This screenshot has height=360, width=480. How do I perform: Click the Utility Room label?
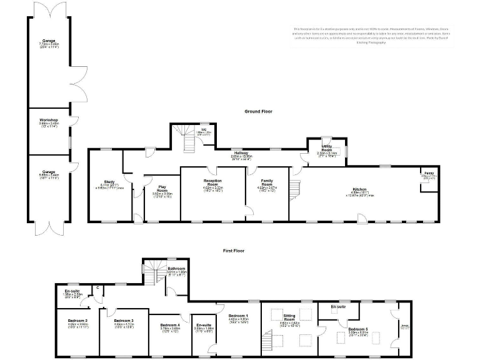[326, 149]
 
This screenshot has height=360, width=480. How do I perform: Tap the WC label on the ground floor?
[204, 129]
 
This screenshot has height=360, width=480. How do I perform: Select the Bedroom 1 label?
[238, 316]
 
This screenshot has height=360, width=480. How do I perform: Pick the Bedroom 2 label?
[77, 321]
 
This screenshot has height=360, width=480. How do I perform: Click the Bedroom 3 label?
[124, 321]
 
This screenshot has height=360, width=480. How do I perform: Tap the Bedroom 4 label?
[169, 325]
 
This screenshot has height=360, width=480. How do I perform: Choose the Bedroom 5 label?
[357, 329]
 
